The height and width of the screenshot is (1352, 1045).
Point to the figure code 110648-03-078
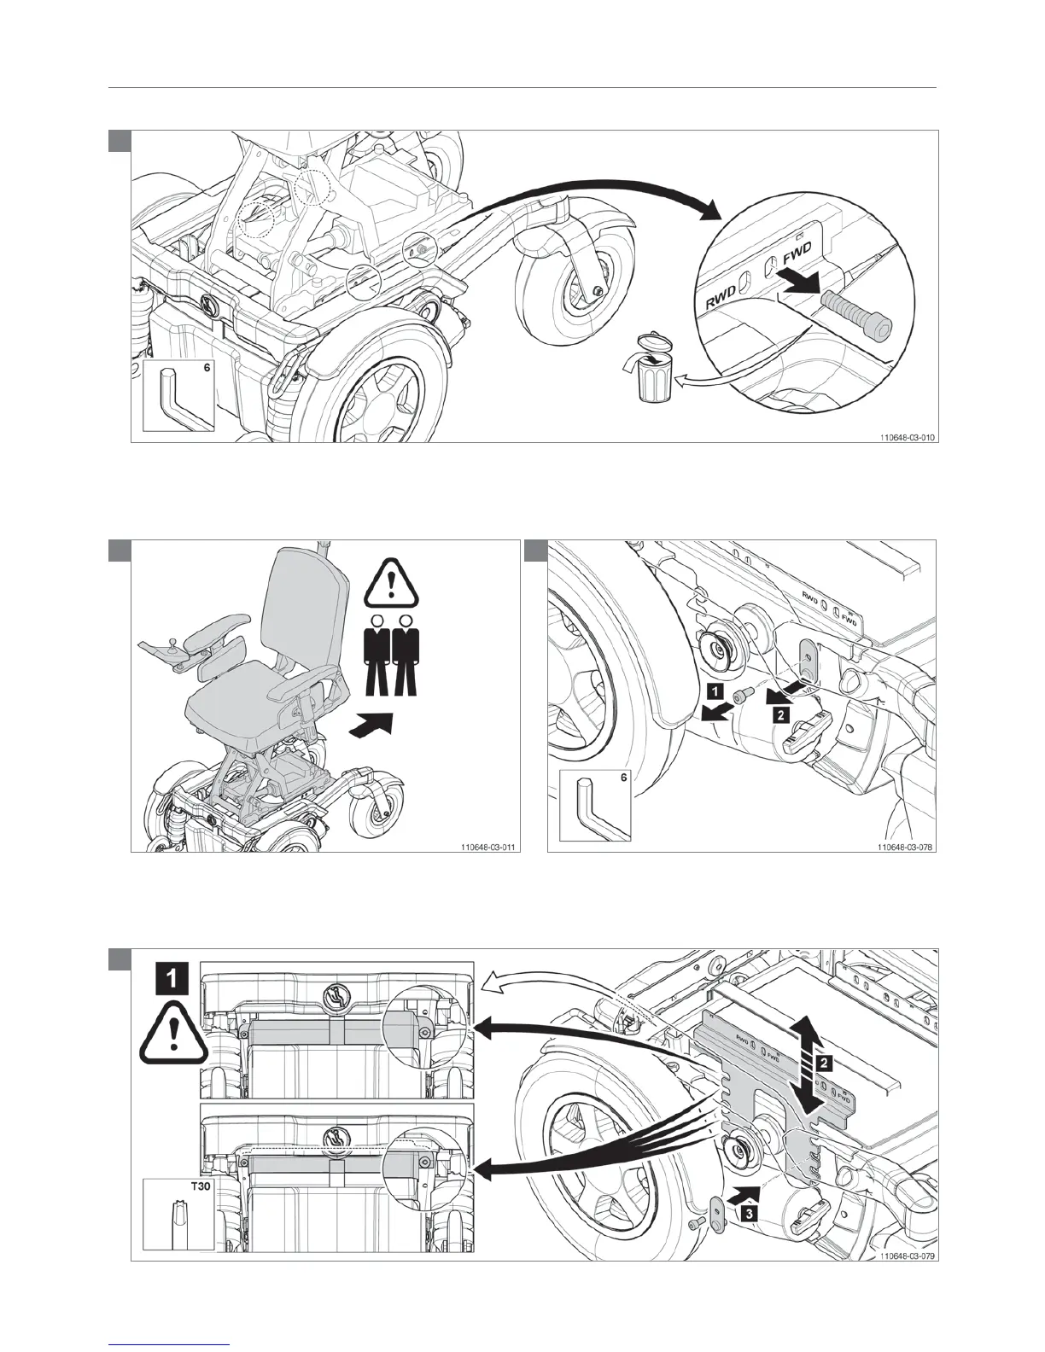point(904,848)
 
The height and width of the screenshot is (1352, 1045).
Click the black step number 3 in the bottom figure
point(748,1209)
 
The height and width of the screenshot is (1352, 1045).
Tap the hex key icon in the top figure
point(175,399)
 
